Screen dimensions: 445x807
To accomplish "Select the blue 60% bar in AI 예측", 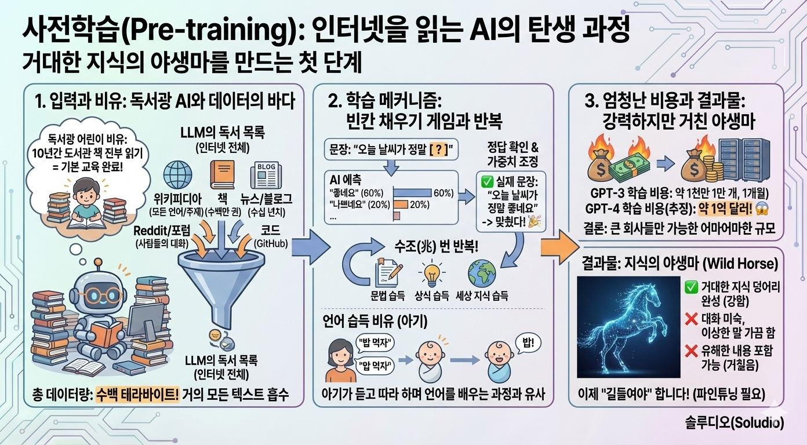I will point(413,192).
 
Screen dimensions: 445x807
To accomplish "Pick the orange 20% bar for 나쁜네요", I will point(401,205).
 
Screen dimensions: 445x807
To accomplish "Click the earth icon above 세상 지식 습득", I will point(482,273).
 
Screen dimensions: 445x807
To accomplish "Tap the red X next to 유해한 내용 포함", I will point(690,351).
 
